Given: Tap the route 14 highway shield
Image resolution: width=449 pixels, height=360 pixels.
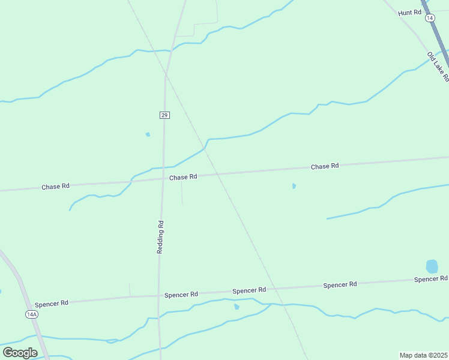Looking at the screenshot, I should (430, 18).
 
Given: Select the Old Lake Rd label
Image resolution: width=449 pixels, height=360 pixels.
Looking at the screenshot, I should (438, 67).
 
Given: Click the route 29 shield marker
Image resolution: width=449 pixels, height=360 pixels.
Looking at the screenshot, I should (164, 115).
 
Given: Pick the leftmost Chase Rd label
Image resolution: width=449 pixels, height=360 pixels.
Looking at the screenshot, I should (55, 187).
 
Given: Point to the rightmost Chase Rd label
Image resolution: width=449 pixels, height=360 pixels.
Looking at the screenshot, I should (325, 166).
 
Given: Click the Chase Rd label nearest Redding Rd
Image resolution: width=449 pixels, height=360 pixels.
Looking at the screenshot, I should (183, 177).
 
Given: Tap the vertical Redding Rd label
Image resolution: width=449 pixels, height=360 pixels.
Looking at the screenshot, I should (160, 236).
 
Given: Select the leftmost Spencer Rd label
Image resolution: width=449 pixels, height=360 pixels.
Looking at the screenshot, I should (52, 304).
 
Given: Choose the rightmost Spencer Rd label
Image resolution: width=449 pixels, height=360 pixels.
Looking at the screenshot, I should (431, 279).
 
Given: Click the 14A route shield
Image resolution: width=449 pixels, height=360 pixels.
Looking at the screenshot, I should (32, 314).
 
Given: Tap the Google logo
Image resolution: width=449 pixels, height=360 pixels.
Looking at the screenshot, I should (20, 353).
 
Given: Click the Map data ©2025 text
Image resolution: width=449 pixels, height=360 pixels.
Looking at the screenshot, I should (423, 355).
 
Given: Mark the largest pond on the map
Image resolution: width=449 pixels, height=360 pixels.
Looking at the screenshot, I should (432, 266).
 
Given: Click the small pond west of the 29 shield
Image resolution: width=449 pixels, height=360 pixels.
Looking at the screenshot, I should (148, 134).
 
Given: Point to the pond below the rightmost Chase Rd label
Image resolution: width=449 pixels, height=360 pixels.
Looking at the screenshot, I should (294, 186).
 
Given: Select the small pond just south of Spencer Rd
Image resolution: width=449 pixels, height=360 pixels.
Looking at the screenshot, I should (237, 307).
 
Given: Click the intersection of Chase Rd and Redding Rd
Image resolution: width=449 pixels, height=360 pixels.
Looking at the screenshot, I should (162, 178).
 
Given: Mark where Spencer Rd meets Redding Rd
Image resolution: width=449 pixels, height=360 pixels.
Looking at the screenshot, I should (159, 296).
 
